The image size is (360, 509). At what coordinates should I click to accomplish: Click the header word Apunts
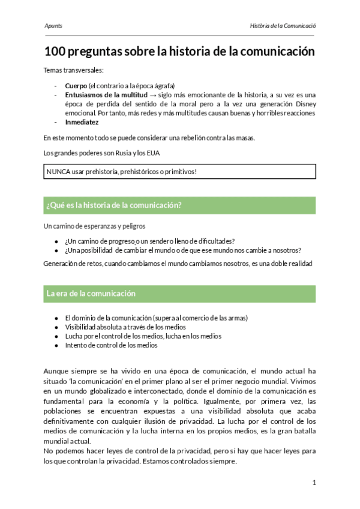[x=53, y=26]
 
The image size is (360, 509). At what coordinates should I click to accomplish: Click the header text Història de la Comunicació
[x=283, y=26]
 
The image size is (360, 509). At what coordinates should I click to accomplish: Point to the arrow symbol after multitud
[x=154, y=95]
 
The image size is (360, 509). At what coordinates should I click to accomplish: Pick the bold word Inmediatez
[x=82, y=121]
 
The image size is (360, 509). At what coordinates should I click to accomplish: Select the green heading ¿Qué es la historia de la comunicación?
[x=113, y=205]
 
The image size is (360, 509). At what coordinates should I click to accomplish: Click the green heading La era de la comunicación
[x=91, y=294]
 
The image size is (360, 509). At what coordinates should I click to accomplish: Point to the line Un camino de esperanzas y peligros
[x=94, y=226]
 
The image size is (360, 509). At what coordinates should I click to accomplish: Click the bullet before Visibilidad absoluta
[x=56, y=327]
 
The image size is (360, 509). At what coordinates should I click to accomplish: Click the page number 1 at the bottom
[x=314, y=483]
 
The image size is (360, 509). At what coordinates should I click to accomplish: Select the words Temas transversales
[x=69, y=70]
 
